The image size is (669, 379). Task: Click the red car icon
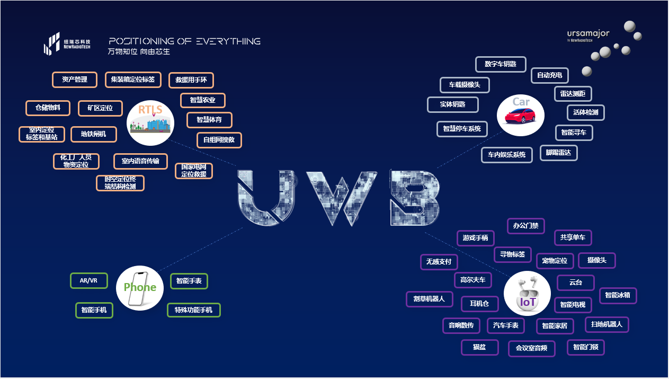click(x=523, y=115)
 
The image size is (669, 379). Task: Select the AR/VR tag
click(x=89, y=280)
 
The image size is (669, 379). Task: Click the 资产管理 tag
click(x=75, y=80)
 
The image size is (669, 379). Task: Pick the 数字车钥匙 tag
click(x=501, y=64)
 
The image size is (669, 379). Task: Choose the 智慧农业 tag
click(x=203, y=100)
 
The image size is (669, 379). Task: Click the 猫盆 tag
click(x=479, y=347)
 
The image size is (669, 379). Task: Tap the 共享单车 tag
click(x=573, y=237)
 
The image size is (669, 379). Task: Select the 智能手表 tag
click(x=189, y=281)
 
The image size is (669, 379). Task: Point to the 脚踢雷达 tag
click(x=558, y=153)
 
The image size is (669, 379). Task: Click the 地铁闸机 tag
click(x=94, y=134)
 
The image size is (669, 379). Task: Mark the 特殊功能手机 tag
click(x=193, y=310)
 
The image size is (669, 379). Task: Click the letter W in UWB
click(x=342, y=197)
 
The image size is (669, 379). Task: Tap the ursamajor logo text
click(x=588, y=33)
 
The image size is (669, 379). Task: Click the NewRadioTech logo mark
click(x=52, y=43)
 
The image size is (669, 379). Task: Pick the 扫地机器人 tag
click(x=606, y=324)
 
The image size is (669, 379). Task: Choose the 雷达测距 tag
click(x=573, y=93)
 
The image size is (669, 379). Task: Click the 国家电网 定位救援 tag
click(x=194, y=171)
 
